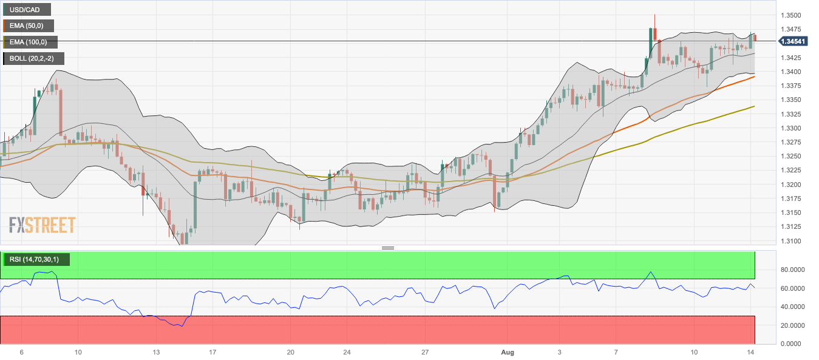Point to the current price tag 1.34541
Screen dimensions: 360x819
coord(794,41)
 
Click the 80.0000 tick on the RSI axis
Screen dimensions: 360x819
coord(792,270)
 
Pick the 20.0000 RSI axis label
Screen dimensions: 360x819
coord(792,325)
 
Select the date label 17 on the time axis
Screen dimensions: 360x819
coord(212,352)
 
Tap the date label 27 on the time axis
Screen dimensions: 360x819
coord(425,352)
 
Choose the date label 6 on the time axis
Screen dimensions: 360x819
coord(22,352)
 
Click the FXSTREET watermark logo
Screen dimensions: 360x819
coord(42,225)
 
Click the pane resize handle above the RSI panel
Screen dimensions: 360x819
coord(388,248)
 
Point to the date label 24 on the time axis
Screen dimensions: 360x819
coord(347,352)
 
